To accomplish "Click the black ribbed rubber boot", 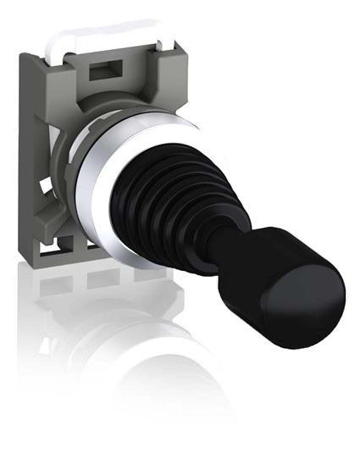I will pos(173,202).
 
